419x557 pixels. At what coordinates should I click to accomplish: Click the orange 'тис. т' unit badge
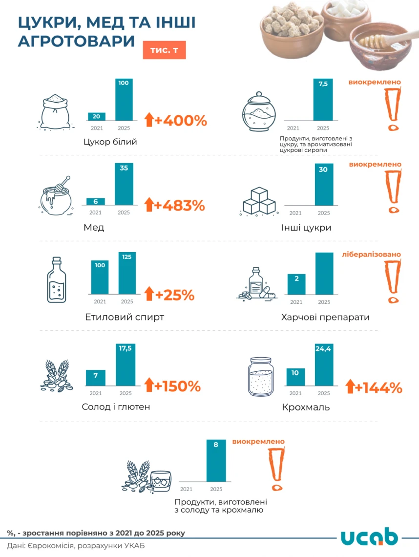coord(164,50)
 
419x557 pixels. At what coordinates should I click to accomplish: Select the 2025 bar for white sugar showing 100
coord(124,100)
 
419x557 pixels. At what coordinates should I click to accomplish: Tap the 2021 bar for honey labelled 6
coord(96,201)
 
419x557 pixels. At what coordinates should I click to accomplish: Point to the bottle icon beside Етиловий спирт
coord(57,279)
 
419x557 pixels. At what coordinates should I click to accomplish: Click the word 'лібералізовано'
coord(371,255)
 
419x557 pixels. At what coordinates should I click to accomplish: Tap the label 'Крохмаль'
coord(306,407)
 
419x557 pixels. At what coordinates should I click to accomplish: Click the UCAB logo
coord(369,536)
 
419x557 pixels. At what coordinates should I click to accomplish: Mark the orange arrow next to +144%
coord(349,386)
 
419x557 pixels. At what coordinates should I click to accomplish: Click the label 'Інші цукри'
coord(306,228)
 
